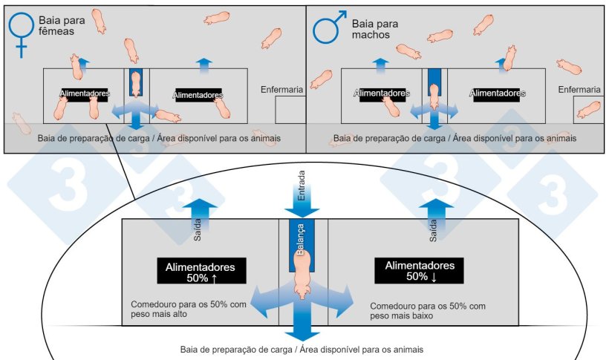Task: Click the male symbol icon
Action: point(326,29)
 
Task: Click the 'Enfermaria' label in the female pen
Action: point(281,90)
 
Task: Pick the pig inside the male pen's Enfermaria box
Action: point(589,110)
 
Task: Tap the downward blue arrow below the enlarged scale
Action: point(302,327)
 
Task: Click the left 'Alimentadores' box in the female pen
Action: point(85,94)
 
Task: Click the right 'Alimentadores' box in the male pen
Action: point(498,94)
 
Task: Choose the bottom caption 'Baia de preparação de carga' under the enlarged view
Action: point(302,349)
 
